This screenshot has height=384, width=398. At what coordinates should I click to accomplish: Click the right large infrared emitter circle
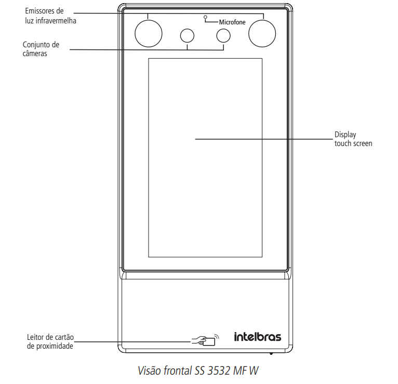click(262, 34)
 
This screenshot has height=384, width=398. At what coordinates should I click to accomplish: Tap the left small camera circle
click(187, 35)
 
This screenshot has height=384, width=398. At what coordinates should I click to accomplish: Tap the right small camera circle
click(223, 35)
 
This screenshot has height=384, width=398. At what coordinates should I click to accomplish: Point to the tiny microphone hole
click(206, 18)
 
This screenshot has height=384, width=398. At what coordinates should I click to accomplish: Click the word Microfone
click(232, 23)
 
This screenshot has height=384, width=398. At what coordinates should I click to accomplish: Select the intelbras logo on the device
click(257, 337)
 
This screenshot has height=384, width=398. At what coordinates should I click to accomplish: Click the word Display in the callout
click(346, 135)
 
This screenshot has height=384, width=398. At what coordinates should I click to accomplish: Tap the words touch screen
click(353, 143)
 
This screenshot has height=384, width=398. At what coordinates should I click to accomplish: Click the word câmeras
click(36, 53)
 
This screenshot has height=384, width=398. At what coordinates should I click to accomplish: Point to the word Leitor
click(36, 338)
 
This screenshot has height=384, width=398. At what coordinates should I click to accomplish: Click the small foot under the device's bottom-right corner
click(271, 354)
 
